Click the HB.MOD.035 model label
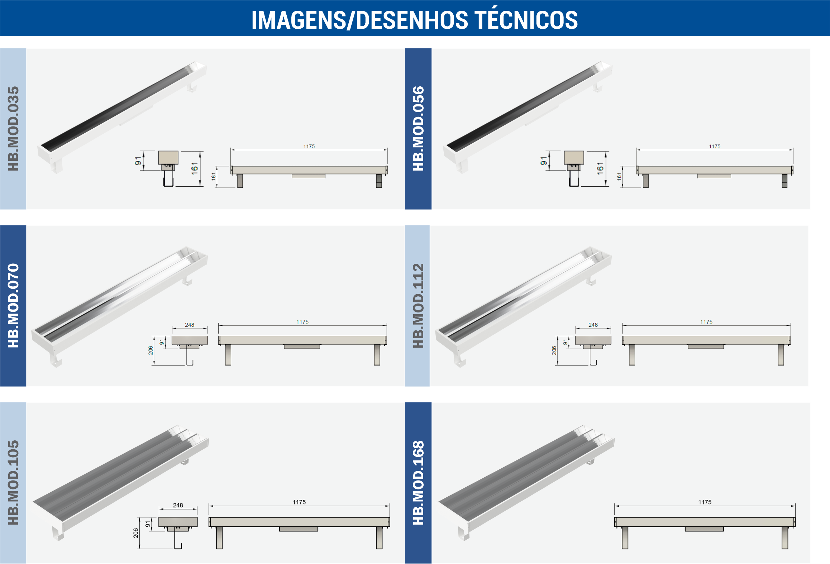(13, 128)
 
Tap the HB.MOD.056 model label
(418, 128)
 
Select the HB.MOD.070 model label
(13, 305)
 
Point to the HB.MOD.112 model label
(418, 305)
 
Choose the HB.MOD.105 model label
(13, 482)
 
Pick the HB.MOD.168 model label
(418, 482)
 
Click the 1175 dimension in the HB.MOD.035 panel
(309, 146)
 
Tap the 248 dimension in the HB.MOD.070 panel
(190, 325)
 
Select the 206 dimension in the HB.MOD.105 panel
(135, 533)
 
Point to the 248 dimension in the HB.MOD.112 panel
(593, 325)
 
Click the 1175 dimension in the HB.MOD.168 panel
(705, 502)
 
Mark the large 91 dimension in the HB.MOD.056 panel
(544, 161)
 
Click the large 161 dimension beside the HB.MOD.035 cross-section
(195, 168)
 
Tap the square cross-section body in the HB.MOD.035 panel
(168, 158)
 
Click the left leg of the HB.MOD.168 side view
(625, 537)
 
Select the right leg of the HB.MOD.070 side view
(377, 355)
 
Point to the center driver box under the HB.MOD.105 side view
(299, 529)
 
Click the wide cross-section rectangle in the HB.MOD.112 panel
(593, 340)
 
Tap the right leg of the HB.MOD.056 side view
(784, 181)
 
